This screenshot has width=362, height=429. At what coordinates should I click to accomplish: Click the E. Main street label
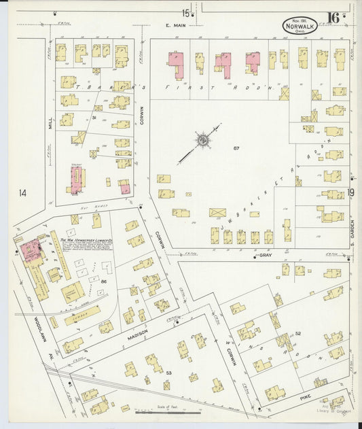coord(175,25)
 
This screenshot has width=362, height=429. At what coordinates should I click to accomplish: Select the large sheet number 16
coord(333,18)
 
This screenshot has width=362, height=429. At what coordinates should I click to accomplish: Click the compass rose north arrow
coord(202,141)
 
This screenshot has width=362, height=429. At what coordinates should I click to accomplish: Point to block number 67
coord(237,148)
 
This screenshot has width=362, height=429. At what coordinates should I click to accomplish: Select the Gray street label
coord(266,255)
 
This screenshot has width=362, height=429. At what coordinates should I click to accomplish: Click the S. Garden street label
coord(354,231)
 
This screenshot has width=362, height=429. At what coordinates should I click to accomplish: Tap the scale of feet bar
coord(167,412)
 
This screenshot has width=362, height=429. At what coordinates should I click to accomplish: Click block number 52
coord(298,333)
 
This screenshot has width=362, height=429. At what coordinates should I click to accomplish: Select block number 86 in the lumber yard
coord(104,281)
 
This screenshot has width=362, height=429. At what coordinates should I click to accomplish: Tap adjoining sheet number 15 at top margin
coord(185,12)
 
